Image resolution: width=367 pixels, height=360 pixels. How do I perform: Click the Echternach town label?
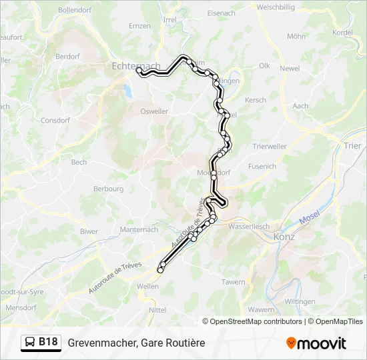[136, 66]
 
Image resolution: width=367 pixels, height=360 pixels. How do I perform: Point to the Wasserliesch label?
[248, 226]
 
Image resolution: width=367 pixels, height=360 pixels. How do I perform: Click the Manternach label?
[139, 229]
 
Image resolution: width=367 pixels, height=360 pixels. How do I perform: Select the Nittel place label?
[157, 310]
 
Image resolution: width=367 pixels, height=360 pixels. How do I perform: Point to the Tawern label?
[234, 282]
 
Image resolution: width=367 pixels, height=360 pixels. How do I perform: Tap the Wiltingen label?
[300, 301]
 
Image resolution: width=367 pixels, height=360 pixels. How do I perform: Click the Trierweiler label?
[270, 146]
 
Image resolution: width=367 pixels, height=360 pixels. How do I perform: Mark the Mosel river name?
[310, 219]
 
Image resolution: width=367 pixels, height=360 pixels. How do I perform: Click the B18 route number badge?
[48, 342]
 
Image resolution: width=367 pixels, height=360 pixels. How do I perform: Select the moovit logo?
[316, 343]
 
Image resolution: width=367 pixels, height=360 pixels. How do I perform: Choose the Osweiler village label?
[154, 111]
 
